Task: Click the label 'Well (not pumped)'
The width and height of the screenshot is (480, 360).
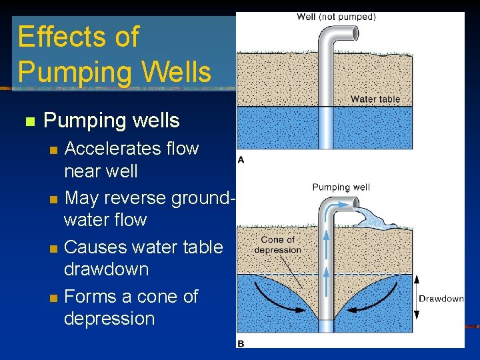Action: (x=336, y=17)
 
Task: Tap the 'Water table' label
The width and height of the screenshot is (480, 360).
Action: (x=375, y=99)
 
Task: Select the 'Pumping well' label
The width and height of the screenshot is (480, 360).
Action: (x=341, y=187)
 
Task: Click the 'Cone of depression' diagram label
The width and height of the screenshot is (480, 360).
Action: (x=277, y=245)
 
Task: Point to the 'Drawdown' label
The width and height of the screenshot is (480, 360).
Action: (x=441, y=299)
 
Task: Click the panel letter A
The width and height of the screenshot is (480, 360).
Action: (x=241, y=159)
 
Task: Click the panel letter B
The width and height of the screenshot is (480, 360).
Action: (x=241, y=343)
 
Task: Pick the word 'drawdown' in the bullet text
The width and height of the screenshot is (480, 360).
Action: (x=106, y=269)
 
